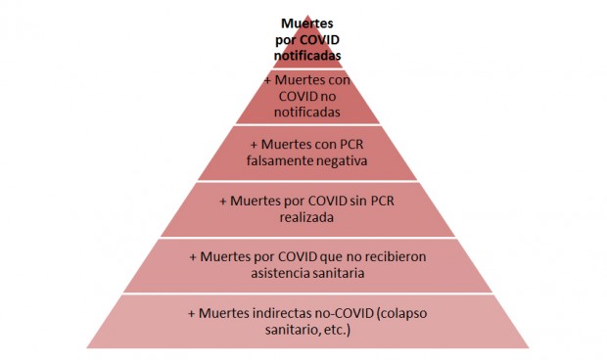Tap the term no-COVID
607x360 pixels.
tap(350, 313)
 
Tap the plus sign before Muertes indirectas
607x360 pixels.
tap(190, 313)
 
